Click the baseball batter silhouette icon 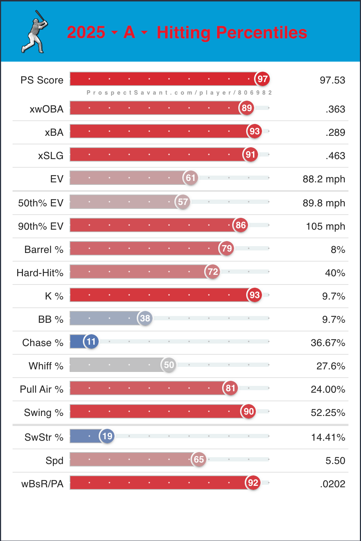pyautogui.click(x=34, y=32)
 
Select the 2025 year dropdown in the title pyautogui.click(x=92, y=33)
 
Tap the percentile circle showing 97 pyautogui.click(x=262, y=79)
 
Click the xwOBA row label pyautogui.click(x=47, y=109)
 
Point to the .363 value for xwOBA pyautogui.click(x=335, y=109)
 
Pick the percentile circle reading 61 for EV pyautogui.click(x=191, y=178)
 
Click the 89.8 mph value pyautogui.click(x=324, y=203)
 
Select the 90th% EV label pyautogui.click(x=41, y=226)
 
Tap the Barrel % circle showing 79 pyautogui.click(x=227, y=248)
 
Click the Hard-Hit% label pyautogui.click(x=40, y=273)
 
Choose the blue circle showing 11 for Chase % pyautogui.click(x=91, y=341)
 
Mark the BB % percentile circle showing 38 pyautogui.click(x=145, y=318)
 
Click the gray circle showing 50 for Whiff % pyautogui.click(x=169, y=365)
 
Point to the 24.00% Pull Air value pyautogui.click(x=328, y=389)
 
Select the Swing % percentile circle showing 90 pyautogui.click(x=249, y=411)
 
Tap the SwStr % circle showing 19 pyautogui.click(x=107, y=436)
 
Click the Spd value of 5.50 pyautogui.click(x=335, y=461)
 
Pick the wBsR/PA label pyautogui.click(x=42, y=484)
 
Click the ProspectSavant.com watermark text pyautogui.click(x=179, y=93)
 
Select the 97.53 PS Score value pyautogui.click(x=332, y=80)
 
